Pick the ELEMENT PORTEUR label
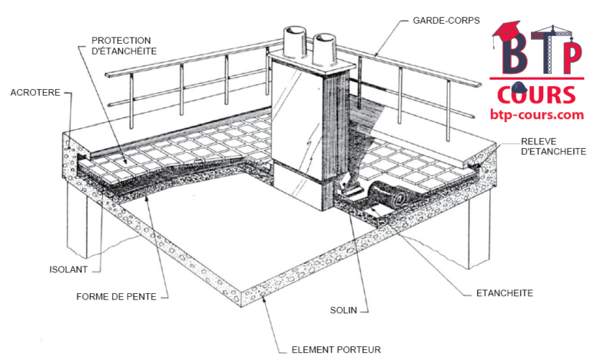pyautogui.click(x=336, y=350)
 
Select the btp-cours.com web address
pyautogui.click(x=536, y=114)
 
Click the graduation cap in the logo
pyautogui.click(x=507, y=31)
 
